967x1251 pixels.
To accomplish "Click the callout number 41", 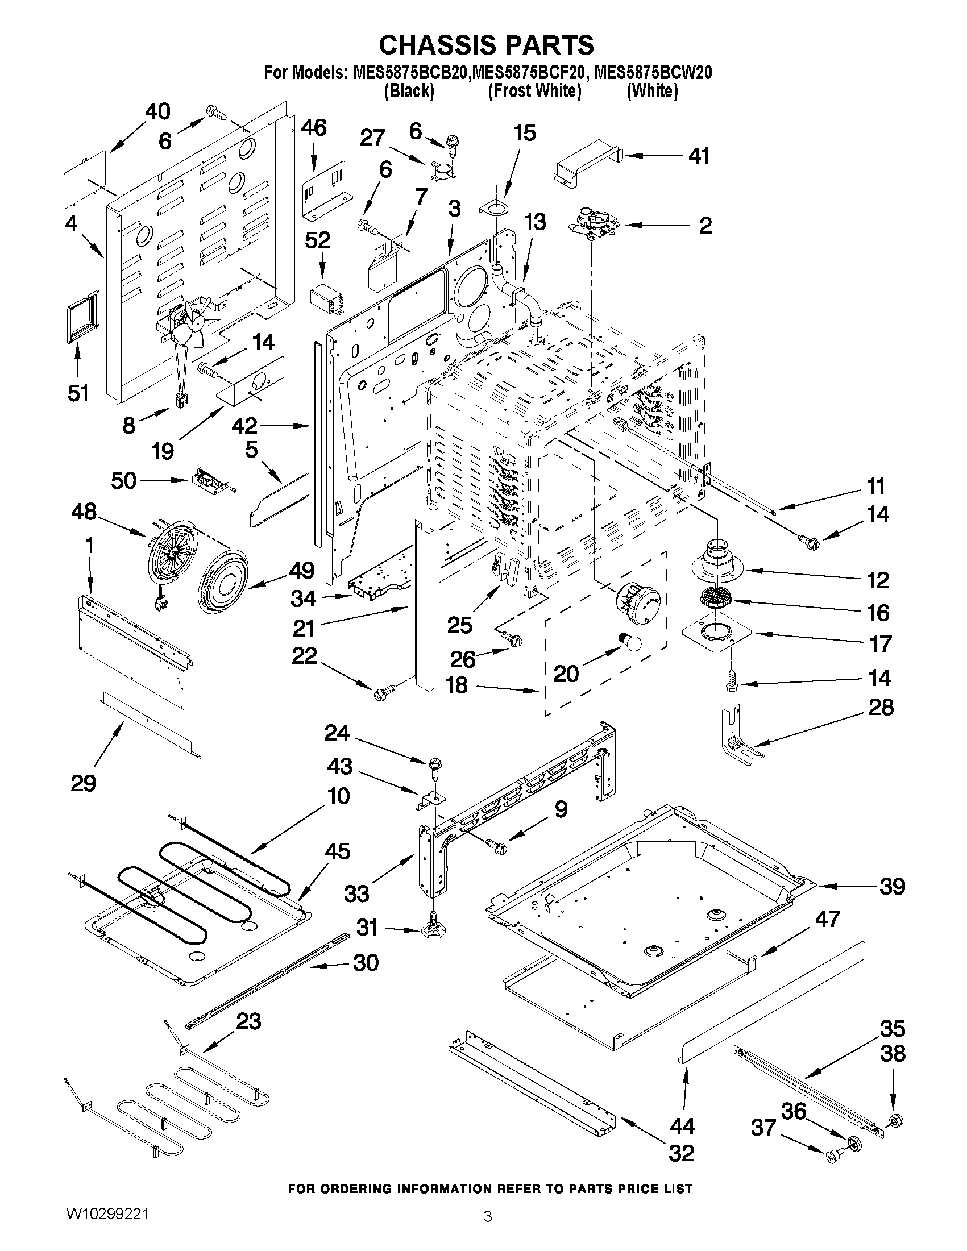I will click(x=698, y=156).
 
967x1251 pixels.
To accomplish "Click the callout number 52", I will click(x=317, y=240).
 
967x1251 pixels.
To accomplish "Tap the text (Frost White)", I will click(x=534, y=91).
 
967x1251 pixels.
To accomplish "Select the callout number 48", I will click(x=84, y=512).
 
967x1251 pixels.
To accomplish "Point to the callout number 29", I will click(x=83, y=783).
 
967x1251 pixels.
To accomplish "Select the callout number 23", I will click(x=248, y=1021).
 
